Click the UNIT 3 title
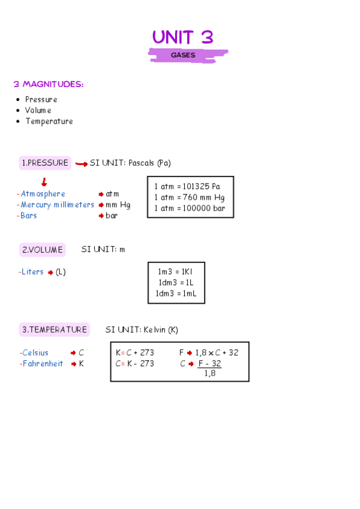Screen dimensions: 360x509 tap(182, 37)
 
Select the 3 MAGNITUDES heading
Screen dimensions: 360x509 tap(49, 85)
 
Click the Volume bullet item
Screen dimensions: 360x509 tap(38, 110)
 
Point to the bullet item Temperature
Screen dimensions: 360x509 tap(49, 121)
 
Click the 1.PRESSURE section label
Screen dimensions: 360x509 tap(45, 163)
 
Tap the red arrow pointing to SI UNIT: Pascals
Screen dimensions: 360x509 tap(82, 164)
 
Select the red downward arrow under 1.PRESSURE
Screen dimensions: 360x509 tap(44, 182)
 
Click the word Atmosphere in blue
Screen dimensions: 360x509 tap(43, 194)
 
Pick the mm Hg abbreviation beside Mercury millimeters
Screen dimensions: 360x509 tap(118, 205)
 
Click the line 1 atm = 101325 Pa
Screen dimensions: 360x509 tap(187, 186)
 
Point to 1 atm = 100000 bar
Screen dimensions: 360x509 tap(189, 208)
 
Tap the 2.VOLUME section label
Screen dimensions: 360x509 tap(42, 250)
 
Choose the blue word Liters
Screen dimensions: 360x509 tap(32, 272)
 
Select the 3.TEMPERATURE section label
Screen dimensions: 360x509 tap(55, 330)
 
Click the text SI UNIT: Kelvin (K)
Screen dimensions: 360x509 tap(142, 330)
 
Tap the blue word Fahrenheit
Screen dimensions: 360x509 tap(43, 364)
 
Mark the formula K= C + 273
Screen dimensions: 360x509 tap(135, 353)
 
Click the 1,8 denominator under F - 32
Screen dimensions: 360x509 tap(209, 373)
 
